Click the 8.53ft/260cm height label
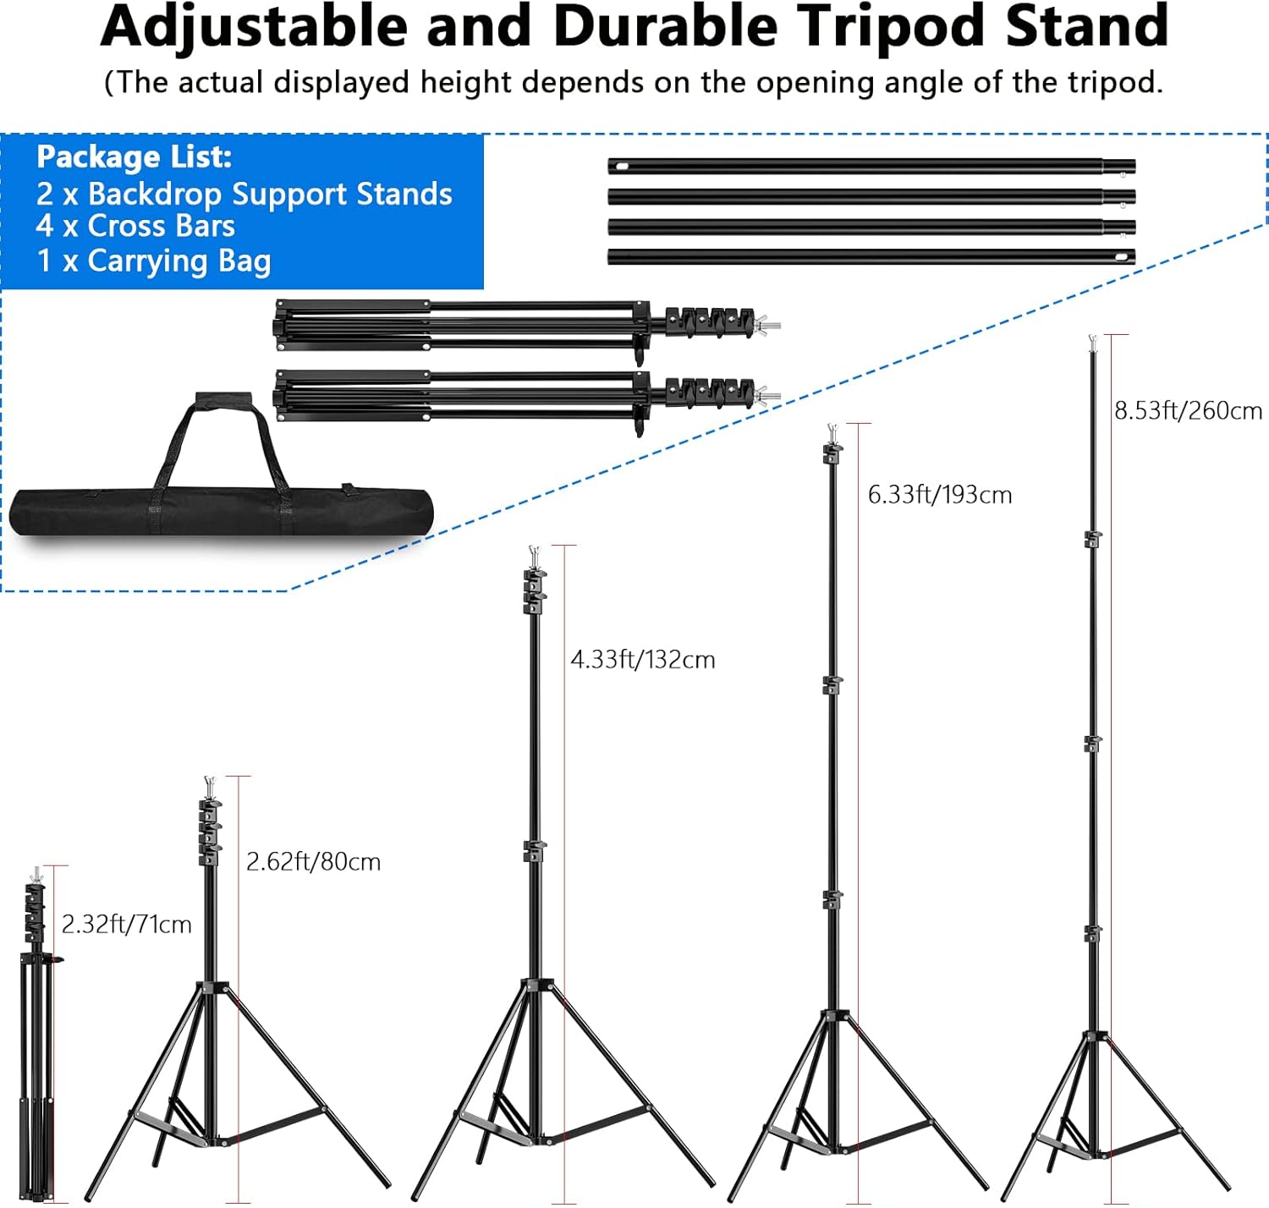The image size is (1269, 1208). [1188, 410]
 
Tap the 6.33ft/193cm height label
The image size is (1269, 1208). [940, 495]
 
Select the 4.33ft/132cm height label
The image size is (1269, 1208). [643, 659]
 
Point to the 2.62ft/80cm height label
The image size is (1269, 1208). [314, 861]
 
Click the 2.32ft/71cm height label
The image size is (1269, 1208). [127, 924]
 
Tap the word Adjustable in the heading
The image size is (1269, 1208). [255, 27]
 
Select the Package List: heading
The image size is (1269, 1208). [135, 156]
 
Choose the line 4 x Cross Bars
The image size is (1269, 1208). [135, 226]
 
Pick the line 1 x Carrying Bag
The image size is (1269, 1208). [154, 261]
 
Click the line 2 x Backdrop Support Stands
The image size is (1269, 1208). [244, 194]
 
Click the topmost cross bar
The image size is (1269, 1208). [871, 167]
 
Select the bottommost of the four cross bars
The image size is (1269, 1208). [871, 257]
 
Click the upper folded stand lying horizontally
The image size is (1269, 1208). [526, 328]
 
